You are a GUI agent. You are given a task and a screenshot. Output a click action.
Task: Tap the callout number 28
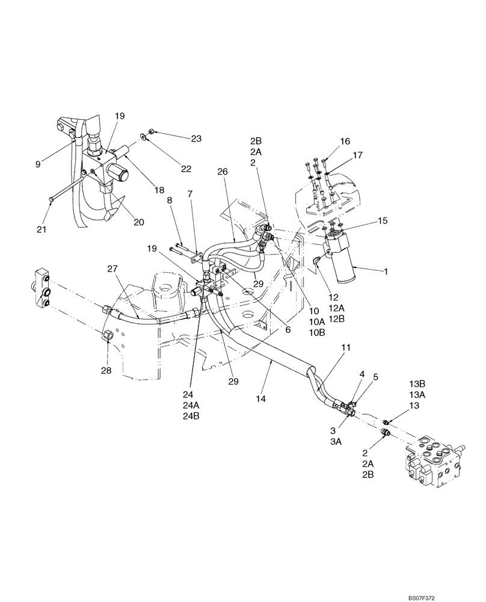click(106, 371)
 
